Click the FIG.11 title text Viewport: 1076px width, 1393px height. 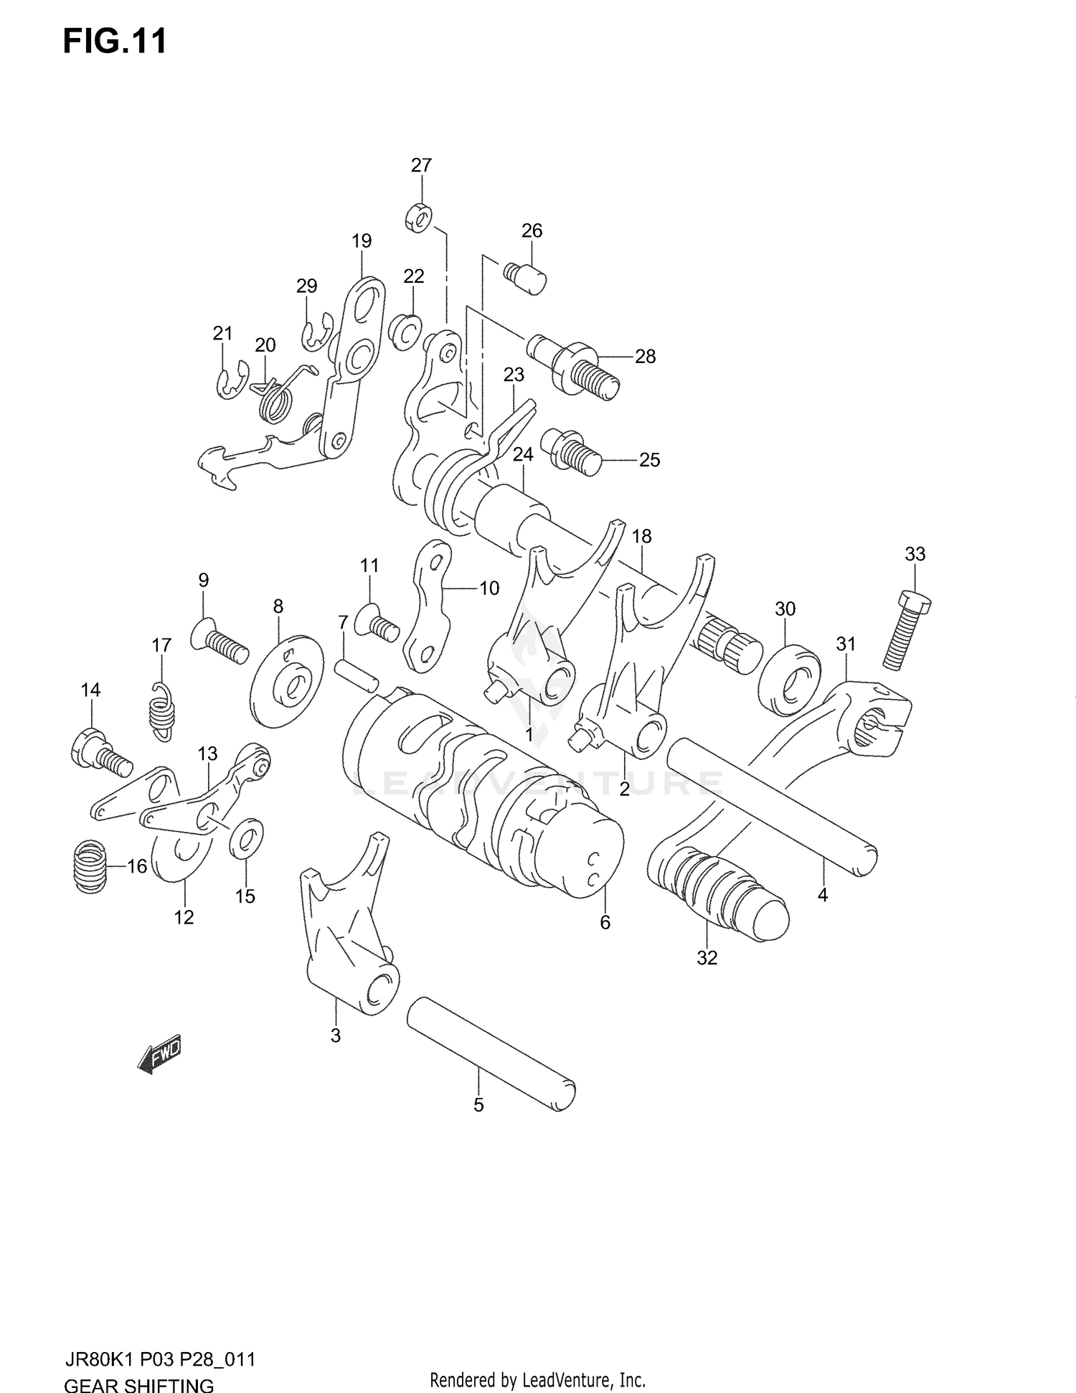coord(115,42)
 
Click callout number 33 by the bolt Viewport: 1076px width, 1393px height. coord(915,554)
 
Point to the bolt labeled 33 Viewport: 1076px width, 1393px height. coord(905,630)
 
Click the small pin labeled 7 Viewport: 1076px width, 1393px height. coord(356,675)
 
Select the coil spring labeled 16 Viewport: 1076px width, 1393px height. coord(90,866)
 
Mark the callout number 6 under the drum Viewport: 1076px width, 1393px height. coord(605,922)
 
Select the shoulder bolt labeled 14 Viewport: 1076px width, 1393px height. coord(100,752)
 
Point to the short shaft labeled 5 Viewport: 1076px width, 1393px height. coord(491,1053)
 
